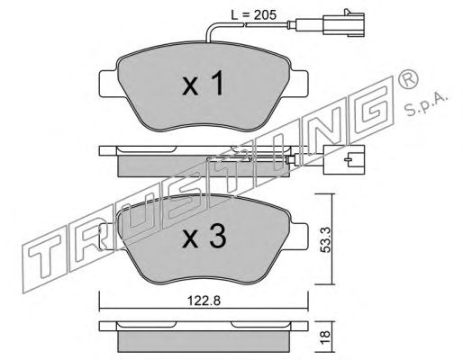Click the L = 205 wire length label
click(x=253, y=14)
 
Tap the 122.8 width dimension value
click(x=204, y=301)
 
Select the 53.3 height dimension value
click(x=325, y=239)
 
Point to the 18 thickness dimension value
click(x=325, y=337)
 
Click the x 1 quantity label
click(x=204, y=84)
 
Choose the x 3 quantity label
click(x=204, y=237)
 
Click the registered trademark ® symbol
click(x=407, y=79)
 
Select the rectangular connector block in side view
click(x=344, y=160)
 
